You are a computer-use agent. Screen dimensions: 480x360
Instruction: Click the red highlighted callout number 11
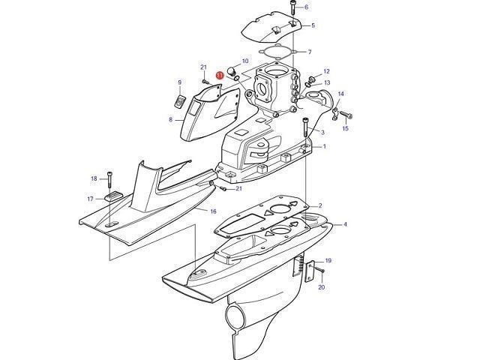(220, 75)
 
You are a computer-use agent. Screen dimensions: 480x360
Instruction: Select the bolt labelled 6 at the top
(292, 7)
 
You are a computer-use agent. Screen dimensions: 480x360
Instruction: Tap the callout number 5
(313, 25)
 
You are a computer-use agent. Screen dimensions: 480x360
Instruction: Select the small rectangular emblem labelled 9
(180, 101)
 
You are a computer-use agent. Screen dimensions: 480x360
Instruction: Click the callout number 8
(170, 120)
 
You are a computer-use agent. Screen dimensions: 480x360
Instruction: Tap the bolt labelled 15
(346, 115)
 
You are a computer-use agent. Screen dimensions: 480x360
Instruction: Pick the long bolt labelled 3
(305, 127)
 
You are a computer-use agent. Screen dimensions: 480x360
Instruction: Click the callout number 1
(325, 147)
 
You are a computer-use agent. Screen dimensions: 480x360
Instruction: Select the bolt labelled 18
(109, 179)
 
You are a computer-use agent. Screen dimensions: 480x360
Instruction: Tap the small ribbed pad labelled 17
(113, 196)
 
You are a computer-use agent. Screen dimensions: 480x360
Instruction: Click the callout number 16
(213, 211)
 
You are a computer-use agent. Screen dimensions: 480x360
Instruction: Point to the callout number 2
(320, 205)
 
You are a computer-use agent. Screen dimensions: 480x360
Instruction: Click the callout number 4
(345, 224)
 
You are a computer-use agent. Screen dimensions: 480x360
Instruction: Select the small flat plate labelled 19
(310, 271)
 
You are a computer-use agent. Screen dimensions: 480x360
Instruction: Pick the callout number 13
(327, 82)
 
